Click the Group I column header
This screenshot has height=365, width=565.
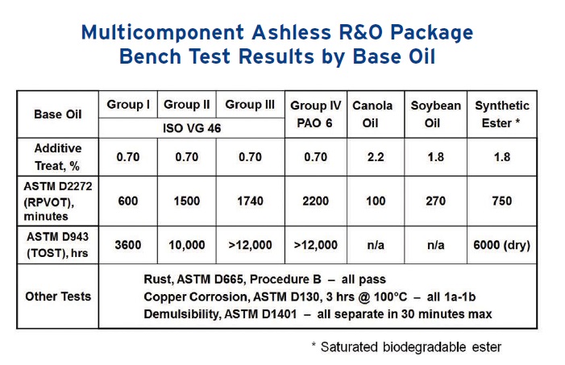(x=128, y=105)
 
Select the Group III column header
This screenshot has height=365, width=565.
(x=250, y=105)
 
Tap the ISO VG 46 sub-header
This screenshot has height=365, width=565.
(x=192, y=128)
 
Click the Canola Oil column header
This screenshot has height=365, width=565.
(x=372, y=114)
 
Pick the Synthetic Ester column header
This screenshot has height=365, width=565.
(x=502, y=114)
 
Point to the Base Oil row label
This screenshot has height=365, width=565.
(x=58, y=114)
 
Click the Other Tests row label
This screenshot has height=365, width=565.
(x=58, y=297)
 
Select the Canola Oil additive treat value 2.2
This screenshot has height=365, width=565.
(x=376, y=157)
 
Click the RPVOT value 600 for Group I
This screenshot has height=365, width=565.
(x=128, y=201)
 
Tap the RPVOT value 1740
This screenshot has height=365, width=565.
(x=250, y=201)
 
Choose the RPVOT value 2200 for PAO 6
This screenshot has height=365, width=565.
(x=316, y=201)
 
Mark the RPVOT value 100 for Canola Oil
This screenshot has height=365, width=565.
(x=376, y=201)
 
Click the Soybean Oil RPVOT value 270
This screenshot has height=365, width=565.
(x=436, y=201)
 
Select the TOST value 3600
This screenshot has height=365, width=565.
(x=128, y=245)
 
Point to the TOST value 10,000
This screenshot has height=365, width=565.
(x=187, y=245)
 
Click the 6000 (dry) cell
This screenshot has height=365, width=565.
(x=501, y=245)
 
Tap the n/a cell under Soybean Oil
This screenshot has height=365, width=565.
(x=436, y=245)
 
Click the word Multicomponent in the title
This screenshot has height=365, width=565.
(x=163, y=32)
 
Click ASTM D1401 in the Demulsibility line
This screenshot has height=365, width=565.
(x=261, y=314)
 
